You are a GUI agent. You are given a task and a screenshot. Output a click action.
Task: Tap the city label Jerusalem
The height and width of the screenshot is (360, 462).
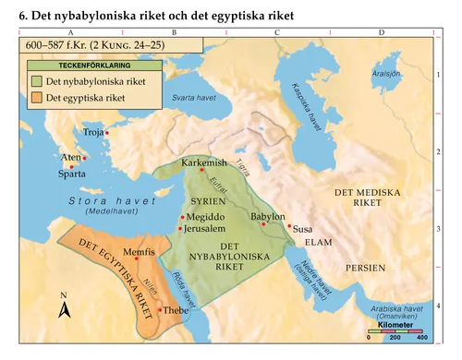(x=205, y=228)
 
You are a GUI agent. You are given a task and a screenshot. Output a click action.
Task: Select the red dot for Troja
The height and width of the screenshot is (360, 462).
(x=107, y=133)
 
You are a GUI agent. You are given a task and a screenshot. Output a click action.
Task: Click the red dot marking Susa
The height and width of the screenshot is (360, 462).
(x=289, y=225)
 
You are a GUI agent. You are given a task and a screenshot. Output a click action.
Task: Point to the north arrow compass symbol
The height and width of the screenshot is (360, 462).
(x=64, y=307)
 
